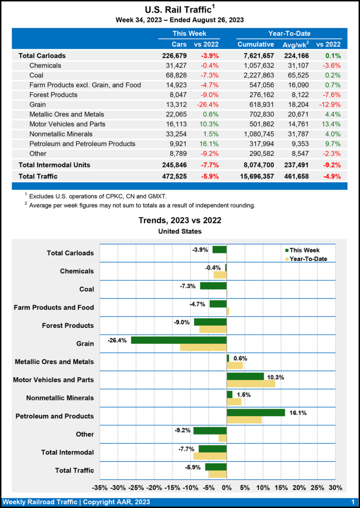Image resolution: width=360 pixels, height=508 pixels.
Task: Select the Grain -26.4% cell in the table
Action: pyautogui.click(x=209, y=104)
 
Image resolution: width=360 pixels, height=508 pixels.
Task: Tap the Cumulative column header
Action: pyautogui.click(x=256, y=44)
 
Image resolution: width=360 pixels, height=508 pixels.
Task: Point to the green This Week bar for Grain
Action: pyautogui.click(x=179, y=340)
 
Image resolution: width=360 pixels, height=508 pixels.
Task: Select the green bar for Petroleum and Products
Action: pyautogui.click(x=256, y=412)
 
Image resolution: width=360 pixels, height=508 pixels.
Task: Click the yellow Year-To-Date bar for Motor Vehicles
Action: pyautogui.click(x=251, y=383)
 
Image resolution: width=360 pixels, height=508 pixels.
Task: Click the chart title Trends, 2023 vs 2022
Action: pyautogui.click(x=180, y=220)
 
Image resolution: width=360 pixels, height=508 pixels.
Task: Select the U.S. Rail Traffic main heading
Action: pyautogui.click(x=180, y=9)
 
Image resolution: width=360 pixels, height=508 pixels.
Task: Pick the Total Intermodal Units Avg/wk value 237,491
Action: pyautogui.click(x=297, y=164)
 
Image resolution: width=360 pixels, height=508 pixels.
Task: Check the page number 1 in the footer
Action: pyautogui.click(x=352, y=502)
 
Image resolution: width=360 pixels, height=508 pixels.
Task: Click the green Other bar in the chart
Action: pyautogui.click(x=210, y=431)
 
